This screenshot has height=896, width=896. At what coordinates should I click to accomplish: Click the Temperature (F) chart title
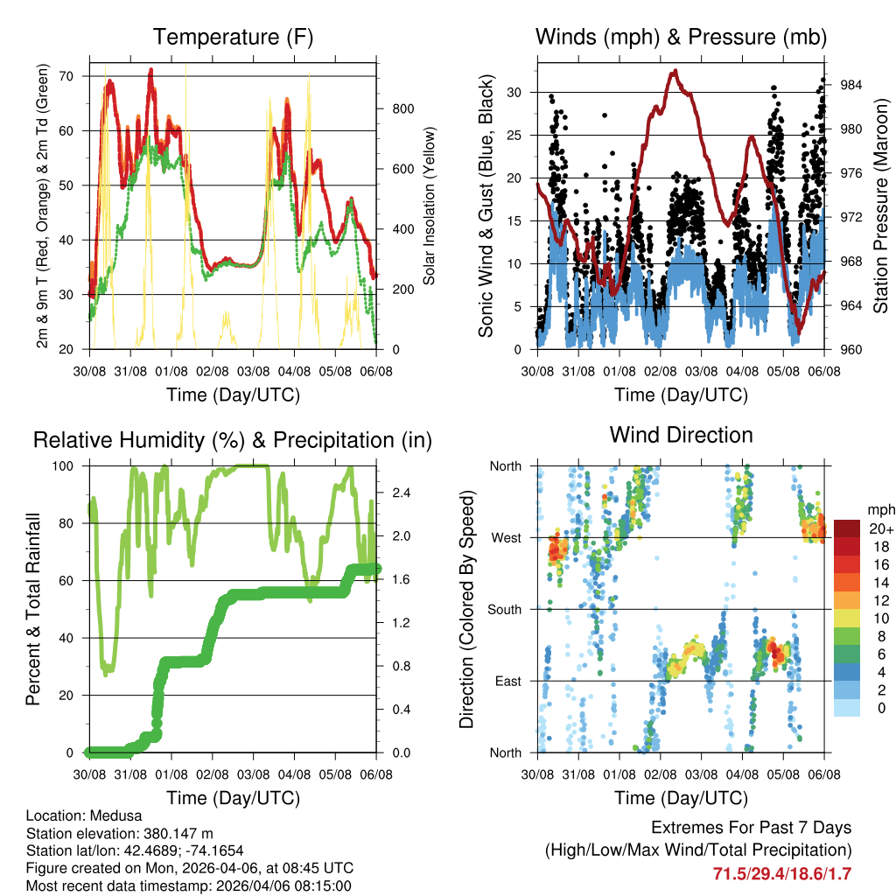(233, 37)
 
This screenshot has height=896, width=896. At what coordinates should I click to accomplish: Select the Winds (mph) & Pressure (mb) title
(681, 37)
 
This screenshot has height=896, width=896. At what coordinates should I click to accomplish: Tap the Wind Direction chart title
(681, 434)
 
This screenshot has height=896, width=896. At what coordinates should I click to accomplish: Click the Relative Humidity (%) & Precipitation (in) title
(233, 440)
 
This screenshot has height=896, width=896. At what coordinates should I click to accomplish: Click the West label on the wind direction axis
(505, 537)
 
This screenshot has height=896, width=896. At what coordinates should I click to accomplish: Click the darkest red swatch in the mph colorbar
(846, 528)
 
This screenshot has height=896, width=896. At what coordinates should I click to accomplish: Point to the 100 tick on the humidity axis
(69, 466)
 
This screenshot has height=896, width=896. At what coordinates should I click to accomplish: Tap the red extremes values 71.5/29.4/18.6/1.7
(782, 873)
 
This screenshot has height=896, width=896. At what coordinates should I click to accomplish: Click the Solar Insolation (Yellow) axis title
(430, 206)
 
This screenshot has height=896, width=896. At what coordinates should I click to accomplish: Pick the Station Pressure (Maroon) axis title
(880, 206)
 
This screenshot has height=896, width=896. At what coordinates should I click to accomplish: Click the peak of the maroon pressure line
(674, 72)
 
